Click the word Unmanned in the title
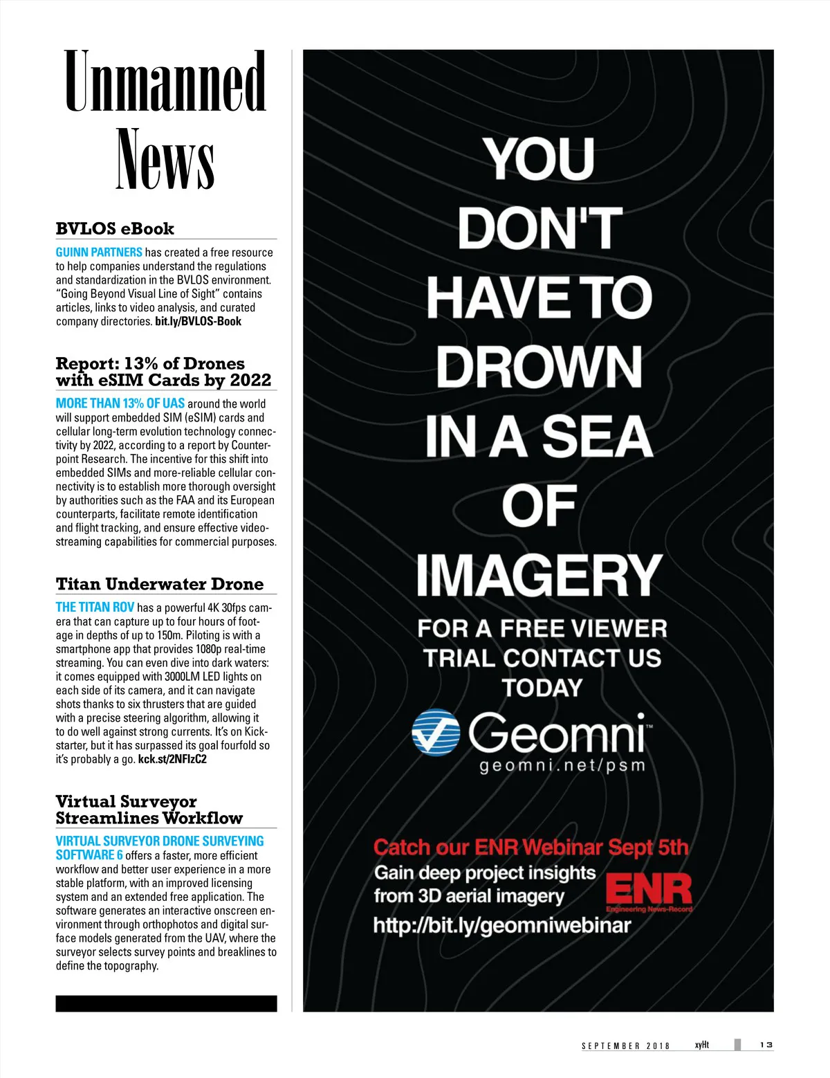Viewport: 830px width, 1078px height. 165,82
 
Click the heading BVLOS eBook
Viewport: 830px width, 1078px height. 115,229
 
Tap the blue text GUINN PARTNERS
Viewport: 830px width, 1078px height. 99,253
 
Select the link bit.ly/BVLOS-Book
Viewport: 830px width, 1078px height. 198,322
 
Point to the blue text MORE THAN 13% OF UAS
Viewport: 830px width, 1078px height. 120,403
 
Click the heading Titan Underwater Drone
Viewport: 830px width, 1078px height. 160,584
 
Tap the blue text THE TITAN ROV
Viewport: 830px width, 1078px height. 95,607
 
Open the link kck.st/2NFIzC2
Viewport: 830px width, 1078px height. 172,759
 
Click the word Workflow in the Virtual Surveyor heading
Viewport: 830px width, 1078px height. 207,818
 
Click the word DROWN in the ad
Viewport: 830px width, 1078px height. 539,367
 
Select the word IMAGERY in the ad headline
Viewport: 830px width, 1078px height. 539,575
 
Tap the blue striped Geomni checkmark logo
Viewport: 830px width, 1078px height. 436,732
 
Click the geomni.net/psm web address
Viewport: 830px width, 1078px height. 562,766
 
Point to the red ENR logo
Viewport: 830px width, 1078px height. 648,891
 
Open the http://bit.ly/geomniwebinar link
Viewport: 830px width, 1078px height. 502,926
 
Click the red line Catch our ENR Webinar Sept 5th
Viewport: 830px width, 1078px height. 531,848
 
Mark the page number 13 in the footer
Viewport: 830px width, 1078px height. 766,1045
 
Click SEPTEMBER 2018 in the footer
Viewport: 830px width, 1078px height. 625,1046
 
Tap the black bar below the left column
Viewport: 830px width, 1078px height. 166,1004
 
